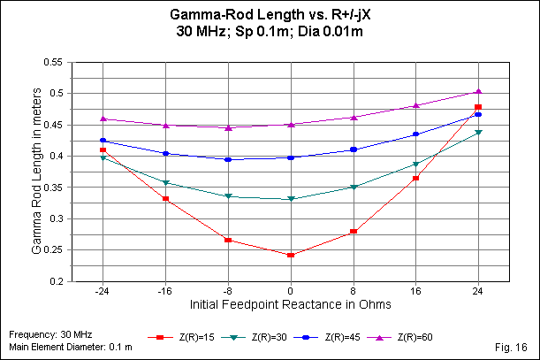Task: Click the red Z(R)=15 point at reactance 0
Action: pyautogui.click(x=291, y=255)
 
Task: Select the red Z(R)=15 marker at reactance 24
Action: pyautogui.click(x=478, y=107)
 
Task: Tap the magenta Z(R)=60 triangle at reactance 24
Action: pyautogui.click(x=478, y=91)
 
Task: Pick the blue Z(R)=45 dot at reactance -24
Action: pyautogui.click(x=103, y=141)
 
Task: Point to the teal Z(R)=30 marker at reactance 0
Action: pyautogui.click(x=291, y=199)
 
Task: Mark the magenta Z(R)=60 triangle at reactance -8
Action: pyautogui.click(x=228, y=127)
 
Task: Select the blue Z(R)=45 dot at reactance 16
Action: pyautogui.click(x=415, y=134)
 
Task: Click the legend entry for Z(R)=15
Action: pyautogui.click(x=182, y=337)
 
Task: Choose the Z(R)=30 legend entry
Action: pyautogui.click(x=251, y=337)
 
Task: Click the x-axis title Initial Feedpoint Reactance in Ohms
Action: pyautogui.click(x=291, y=303)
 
